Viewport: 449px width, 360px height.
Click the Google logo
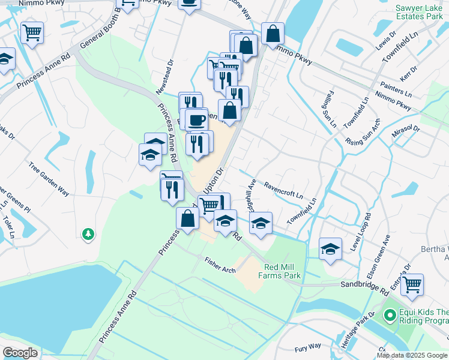click(x=20, y=353)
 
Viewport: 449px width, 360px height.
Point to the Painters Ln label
click(x=396, y=90)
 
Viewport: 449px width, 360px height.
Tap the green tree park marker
click(x=88, y=233)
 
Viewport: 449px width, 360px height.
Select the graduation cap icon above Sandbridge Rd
click(x=330, y=248)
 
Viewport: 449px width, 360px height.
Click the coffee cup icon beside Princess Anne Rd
click(x=196, y=119)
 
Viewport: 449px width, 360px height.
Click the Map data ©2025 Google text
click(x=412, y=355)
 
